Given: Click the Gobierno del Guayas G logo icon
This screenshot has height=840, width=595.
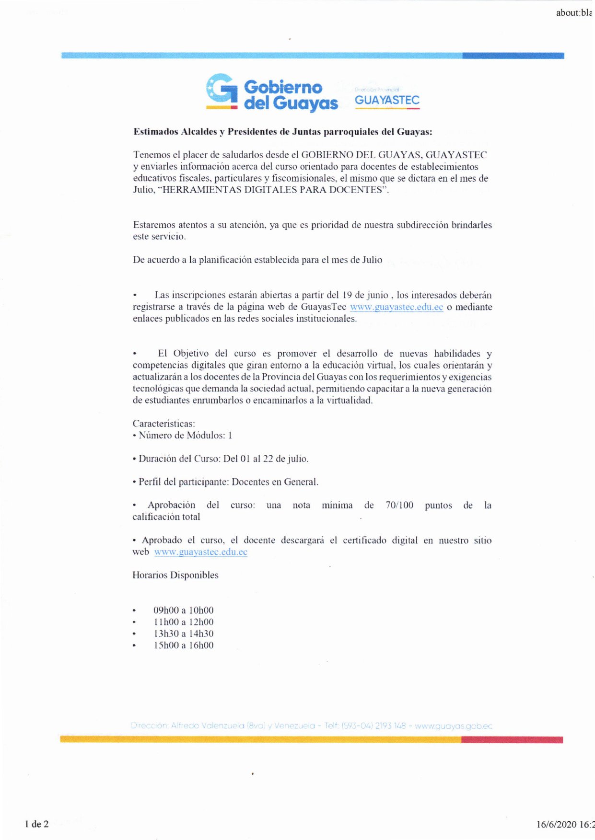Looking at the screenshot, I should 222,91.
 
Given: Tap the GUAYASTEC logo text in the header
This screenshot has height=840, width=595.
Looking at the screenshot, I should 387,100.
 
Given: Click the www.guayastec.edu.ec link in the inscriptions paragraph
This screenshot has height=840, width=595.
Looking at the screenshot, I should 397,307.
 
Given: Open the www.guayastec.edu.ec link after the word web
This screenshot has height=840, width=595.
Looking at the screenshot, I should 200,552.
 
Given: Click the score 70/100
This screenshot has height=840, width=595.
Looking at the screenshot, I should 399,505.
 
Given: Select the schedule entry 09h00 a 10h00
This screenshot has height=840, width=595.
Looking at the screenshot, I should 183,610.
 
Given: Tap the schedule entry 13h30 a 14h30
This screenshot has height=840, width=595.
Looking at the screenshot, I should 183,633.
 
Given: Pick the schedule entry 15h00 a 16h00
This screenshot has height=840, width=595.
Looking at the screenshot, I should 183,645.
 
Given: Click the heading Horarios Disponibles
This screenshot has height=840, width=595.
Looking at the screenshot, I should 175,575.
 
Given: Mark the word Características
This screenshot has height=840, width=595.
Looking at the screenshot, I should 163,424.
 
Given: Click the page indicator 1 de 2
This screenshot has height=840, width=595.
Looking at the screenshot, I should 37,824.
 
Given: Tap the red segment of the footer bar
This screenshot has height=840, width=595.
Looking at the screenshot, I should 512,740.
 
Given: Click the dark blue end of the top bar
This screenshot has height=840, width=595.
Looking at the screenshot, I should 513,56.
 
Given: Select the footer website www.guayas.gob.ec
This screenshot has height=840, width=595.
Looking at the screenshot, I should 454,726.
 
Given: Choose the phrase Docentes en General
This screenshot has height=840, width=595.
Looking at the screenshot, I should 275,482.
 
